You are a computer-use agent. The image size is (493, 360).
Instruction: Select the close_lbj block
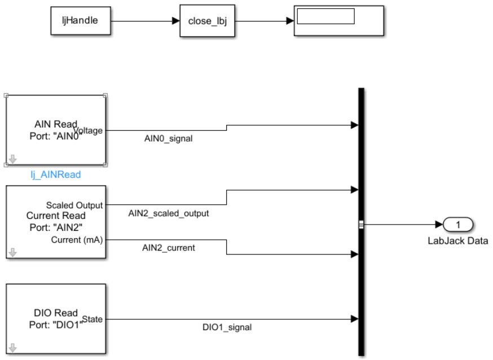click(x=206, y=21)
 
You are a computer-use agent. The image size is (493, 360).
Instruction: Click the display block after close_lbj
click(x=338, y=21)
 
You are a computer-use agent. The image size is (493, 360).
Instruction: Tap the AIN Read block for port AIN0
click(x=56, y=130)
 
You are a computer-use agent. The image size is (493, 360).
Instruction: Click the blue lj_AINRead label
click(x=56, y=175)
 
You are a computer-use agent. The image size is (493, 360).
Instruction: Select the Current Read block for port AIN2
click(x=56, y=221)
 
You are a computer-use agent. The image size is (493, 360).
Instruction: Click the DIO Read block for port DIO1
click(x=56, y=319)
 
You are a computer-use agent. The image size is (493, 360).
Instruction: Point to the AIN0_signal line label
click(x=169, y=138)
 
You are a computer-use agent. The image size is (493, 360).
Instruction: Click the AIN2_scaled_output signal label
click(x=169, y=213)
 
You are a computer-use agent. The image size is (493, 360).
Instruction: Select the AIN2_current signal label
click(x=169, y=248)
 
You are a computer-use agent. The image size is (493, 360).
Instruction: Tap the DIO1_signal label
click(x=227, y=327)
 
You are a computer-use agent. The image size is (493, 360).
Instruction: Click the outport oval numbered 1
click(x=458, y=225)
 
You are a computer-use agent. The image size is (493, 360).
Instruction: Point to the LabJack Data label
click(x=457, y=241)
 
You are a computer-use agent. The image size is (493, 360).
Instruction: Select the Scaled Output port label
click(x=74, y=205)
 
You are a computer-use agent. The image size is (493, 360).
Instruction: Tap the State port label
click(x=93, y=319)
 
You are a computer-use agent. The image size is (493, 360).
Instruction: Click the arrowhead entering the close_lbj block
click(x=176, y=21)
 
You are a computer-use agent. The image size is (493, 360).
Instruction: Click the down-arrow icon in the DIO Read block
click(x=12, y=348)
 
